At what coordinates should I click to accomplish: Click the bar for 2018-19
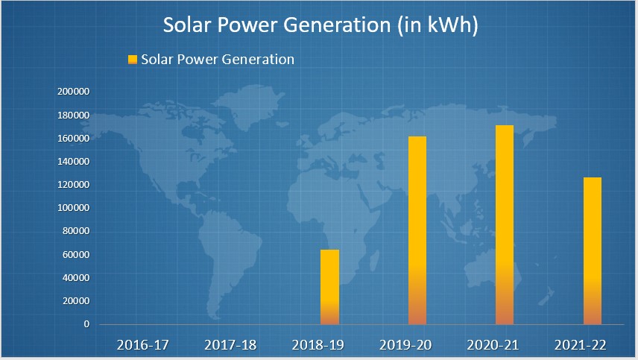point(329,287)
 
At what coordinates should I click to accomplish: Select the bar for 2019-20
point(417,230)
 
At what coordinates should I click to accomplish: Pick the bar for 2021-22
point(592,250)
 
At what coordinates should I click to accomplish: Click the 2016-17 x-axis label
point(143,345)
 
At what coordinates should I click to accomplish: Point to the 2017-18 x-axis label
point(231,345)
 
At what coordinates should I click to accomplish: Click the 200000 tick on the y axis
point(73,92)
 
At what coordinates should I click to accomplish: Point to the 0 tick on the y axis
point(86,324)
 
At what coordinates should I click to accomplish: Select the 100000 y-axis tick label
point(73,208)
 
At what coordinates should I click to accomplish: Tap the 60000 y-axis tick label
point(75,255)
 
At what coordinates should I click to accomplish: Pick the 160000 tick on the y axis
point(73,139)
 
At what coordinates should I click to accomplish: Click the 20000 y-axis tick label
point(75,301)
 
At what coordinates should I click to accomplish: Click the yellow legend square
point(133,60)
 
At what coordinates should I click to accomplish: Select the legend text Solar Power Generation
point(218,60)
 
